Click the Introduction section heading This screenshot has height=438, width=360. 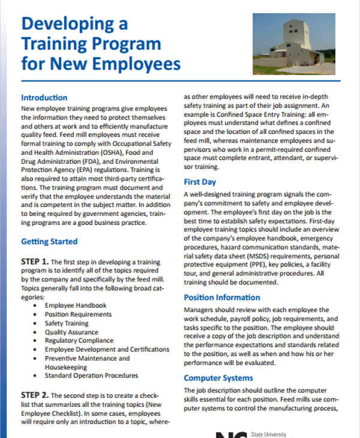pos(44,97)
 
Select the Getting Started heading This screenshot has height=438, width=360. pos(49,242)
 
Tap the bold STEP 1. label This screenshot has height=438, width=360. pos(34,262)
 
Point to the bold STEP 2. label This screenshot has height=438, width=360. pos(34,395)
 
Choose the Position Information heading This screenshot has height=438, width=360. pos(222,297)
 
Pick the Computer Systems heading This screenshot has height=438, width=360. pos(219,378)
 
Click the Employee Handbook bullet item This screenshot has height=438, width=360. pos(76,305)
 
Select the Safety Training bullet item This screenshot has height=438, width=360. pos(68,323)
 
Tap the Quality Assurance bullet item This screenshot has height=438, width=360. pos(71,332)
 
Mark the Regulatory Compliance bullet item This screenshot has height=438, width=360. pos(78,341)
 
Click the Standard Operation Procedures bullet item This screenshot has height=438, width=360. pos(91,376)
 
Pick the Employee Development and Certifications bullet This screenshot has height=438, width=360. pos(107,349)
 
